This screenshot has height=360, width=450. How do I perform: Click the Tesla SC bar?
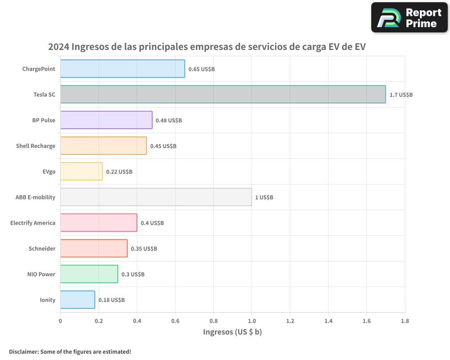(223, 94)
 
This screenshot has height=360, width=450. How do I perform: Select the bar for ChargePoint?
(122, 69)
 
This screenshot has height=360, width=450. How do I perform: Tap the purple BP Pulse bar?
(106, 120)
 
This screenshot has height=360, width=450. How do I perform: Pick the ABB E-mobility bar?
(156, 197)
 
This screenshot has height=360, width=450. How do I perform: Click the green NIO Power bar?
(89, 274)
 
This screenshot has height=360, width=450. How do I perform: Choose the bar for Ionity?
(77, 300)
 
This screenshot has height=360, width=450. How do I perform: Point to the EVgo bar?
(81, 171)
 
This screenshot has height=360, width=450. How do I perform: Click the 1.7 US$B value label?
(401, 95)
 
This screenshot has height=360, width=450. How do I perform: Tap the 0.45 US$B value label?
(163, 146)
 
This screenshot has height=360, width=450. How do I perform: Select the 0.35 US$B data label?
(144, 249)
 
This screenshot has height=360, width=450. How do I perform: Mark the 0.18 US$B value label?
(112, 300)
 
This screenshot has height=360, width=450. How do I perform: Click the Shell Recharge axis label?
(36, 146)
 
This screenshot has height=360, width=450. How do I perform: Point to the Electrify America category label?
(33, 223)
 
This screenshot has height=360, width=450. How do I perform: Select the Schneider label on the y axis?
(42, 249)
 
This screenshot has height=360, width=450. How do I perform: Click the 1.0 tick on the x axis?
(252, 321)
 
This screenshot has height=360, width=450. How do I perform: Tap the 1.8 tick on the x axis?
(405, 321)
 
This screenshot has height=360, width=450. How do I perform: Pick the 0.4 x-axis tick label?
(137, 321)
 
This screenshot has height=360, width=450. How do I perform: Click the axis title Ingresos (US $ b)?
(233, 332)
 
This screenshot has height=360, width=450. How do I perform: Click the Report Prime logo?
(409, 18)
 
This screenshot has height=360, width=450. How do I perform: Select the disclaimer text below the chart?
(70, 351)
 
